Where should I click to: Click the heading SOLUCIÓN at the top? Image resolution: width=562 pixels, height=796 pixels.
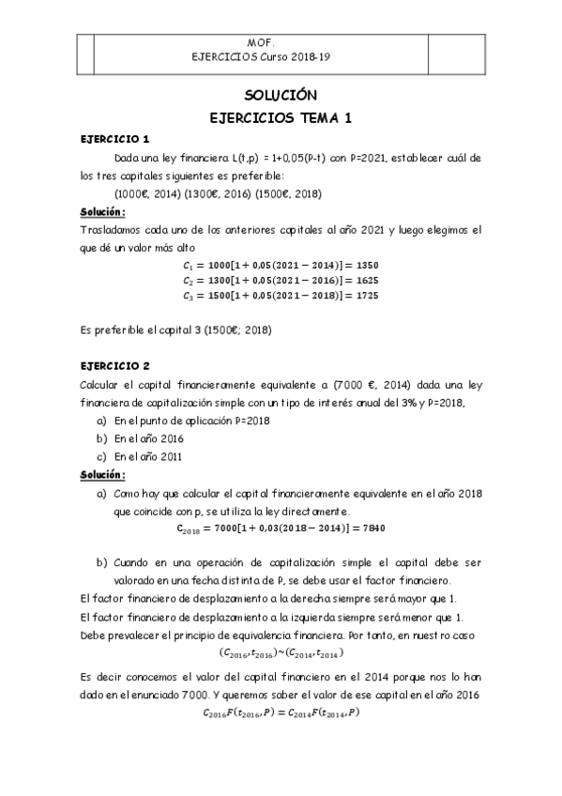pyautogui.click(x=281, y=96)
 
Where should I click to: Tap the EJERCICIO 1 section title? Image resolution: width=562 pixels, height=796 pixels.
pyautogui.click(x=114, y=139)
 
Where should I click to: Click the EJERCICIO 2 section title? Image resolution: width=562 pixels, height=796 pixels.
pyautogui.click(x=114, y=365)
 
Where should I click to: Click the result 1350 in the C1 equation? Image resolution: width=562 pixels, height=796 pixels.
pyautogui.click(x=365, y=266)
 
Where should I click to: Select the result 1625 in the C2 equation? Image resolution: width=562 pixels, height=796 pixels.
pyautogui.click(x=365, y=281)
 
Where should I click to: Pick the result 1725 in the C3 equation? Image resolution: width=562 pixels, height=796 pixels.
pyautogui.click(x=365, y=296)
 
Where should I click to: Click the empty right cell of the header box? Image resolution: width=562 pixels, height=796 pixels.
pyautogui.click(x=454, y=51)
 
